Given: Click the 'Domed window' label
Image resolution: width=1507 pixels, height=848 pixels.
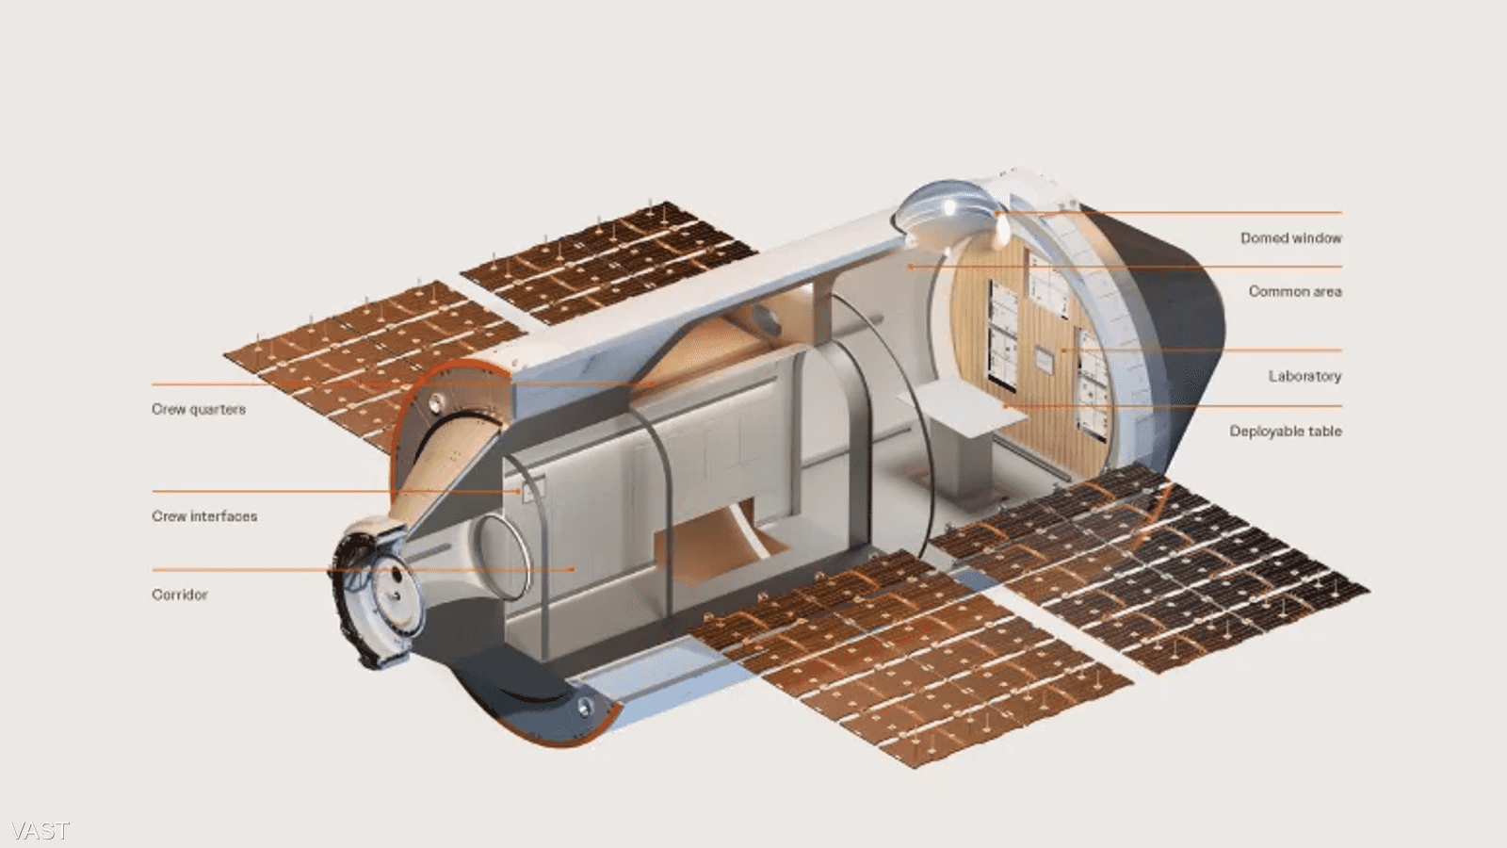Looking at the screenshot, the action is (x=1291, y=237).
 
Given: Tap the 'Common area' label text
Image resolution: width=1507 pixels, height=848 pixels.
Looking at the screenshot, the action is (x=1295, y=291).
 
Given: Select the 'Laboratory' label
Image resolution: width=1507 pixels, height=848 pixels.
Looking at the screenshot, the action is (x=1305, y=376).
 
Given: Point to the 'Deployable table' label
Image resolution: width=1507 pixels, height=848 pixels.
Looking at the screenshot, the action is (x=1286, y=432).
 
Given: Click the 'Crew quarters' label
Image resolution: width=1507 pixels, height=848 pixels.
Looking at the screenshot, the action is (x=199, y=409).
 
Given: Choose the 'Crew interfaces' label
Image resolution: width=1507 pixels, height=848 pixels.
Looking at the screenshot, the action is (x=204, y=516).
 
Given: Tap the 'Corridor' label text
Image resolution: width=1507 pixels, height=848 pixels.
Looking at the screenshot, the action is (x=180, y=595).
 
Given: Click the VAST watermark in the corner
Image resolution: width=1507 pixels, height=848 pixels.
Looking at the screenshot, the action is (x=41, y=830).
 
